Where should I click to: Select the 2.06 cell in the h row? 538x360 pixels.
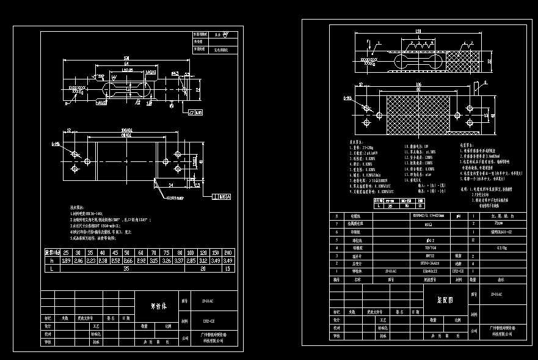[79, 260]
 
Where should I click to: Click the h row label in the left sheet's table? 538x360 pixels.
[53, 260]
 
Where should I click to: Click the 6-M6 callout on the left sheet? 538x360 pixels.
[56, 144]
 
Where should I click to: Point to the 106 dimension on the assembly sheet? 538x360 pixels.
[417, 84]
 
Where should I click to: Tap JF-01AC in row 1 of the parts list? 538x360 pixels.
[391, 271]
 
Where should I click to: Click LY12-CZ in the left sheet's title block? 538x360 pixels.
[208, 320]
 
